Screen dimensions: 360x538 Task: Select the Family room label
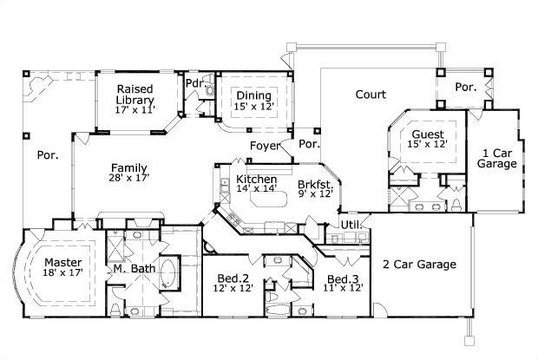(128, 168)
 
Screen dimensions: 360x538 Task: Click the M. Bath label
(134, 269)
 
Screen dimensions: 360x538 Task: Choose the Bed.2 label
(233, 278)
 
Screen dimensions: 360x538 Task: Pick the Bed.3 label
(342, 278)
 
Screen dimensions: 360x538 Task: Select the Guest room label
(428, 134)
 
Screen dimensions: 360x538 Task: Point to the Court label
(371, 94)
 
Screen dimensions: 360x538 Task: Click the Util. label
(350, 225)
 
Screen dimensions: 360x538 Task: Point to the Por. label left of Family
(47, 156)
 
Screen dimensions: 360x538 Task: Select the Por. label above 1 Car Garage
(466, 87)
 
